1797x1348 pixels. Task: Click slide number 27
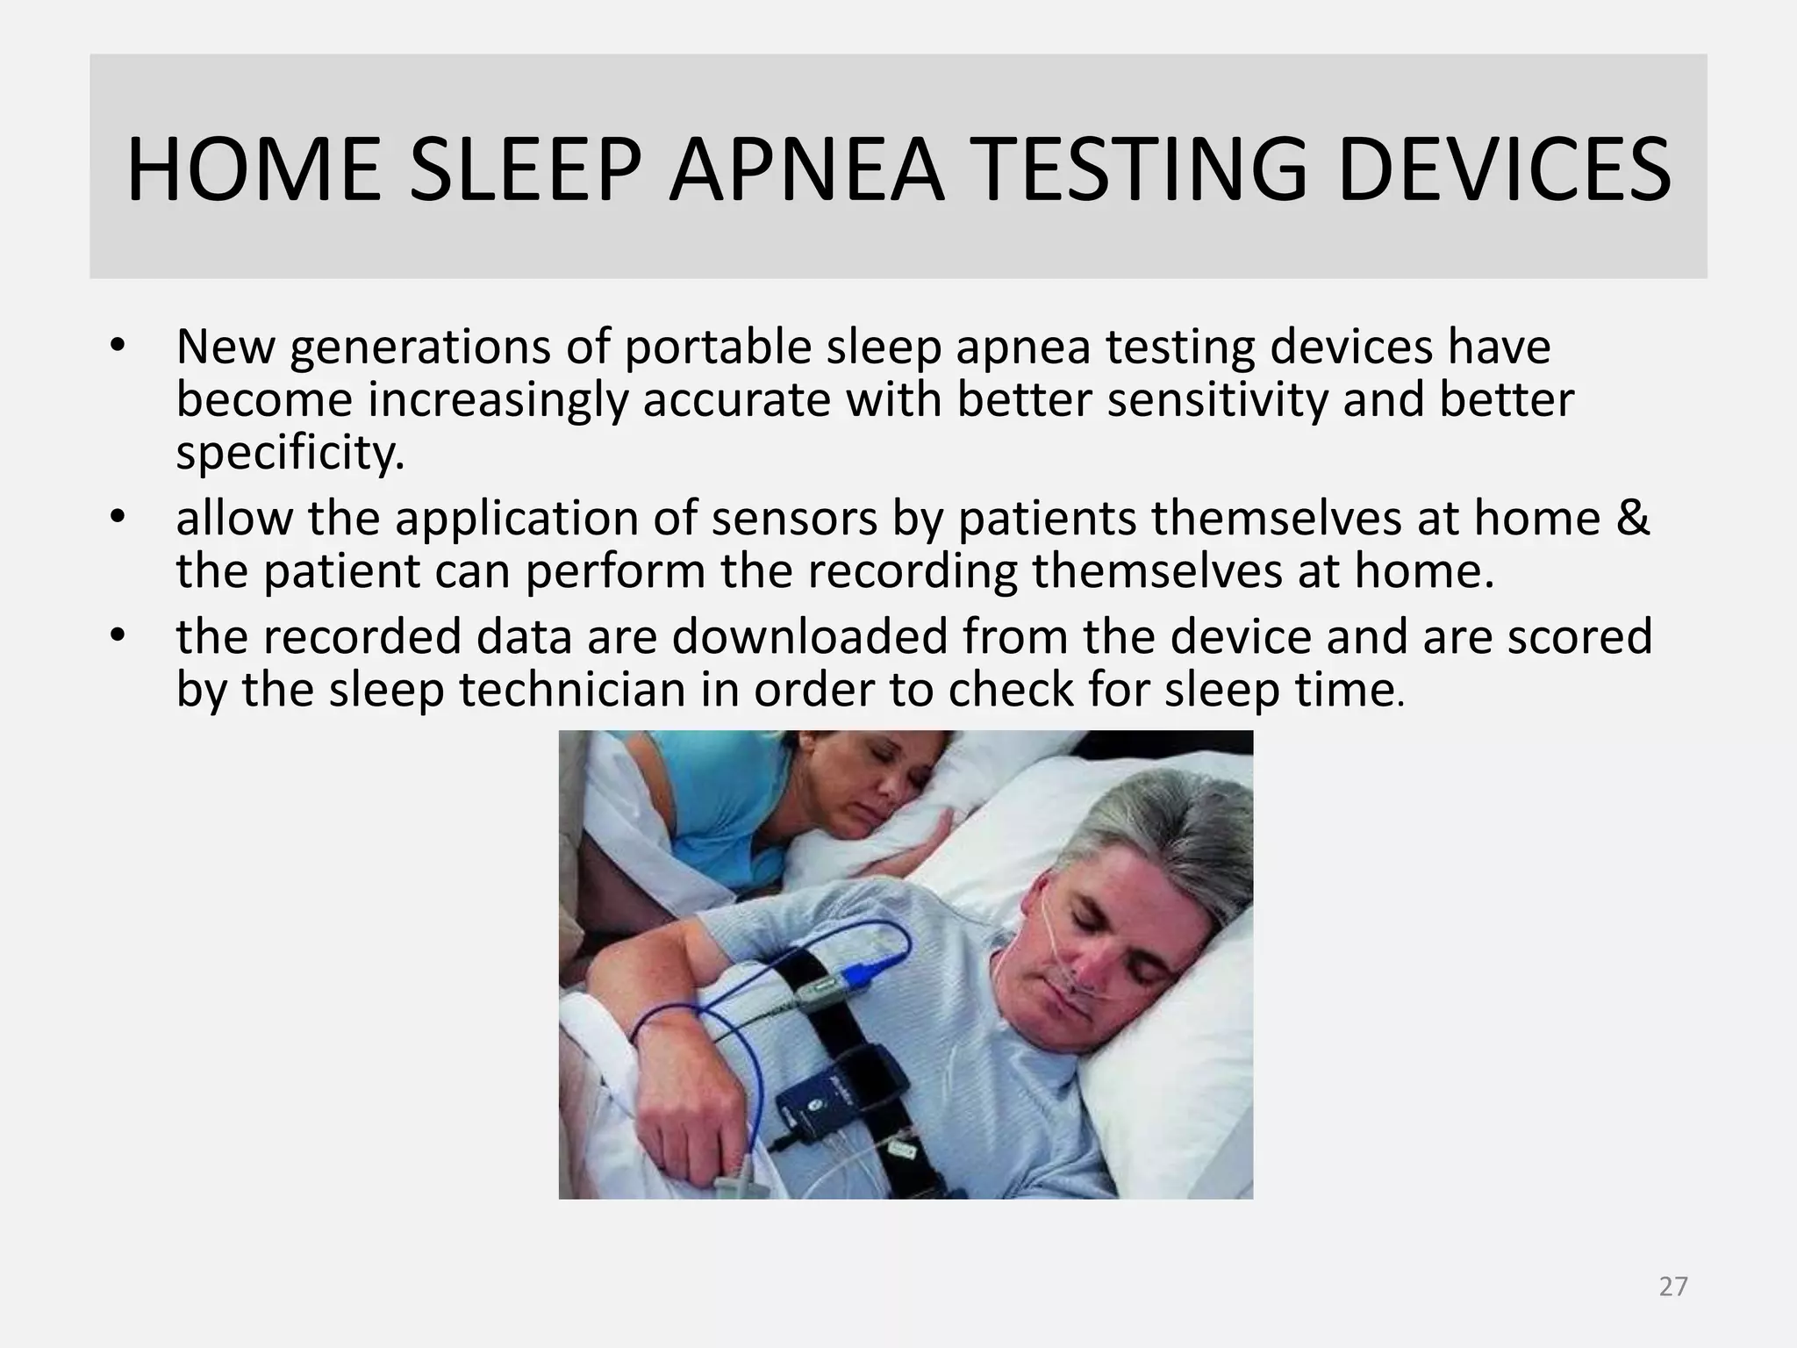point(1673,1287)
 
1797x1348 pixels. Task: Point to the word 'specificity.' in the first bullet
point(290,454)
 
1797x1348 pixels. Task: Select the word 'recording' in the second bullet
point(913,571)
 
